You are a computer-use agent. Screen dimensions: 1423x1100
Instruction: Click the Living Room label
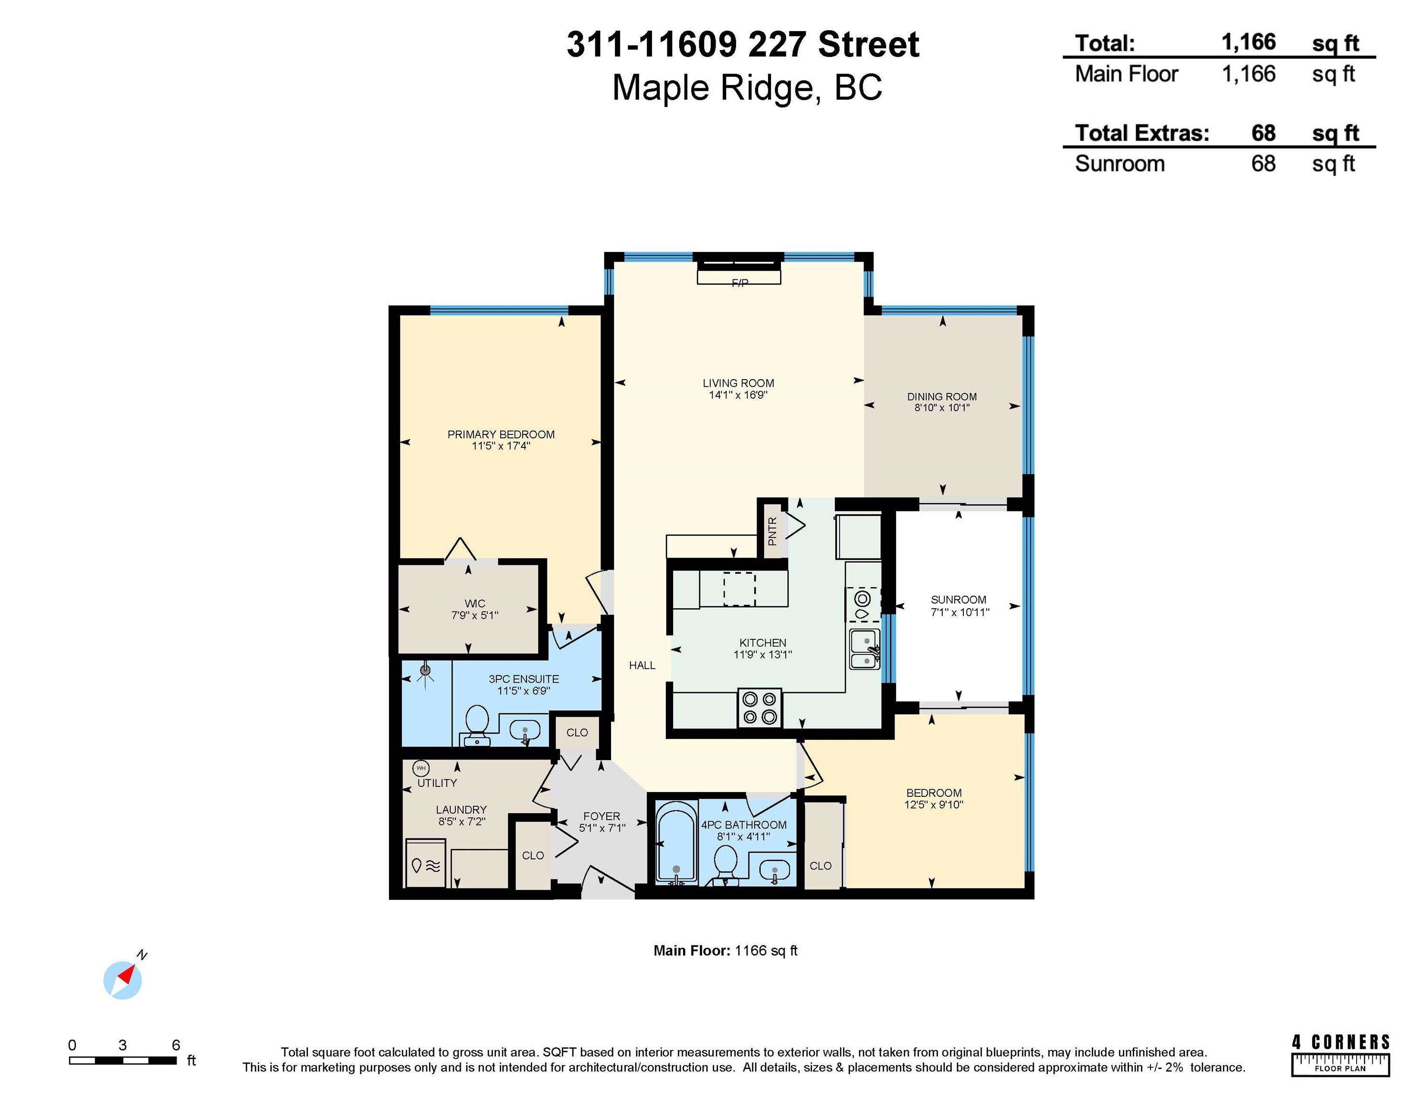(738, 383)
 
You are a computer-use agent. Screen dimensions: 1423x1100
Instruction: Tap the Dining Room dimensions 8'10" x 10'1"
(942, 408)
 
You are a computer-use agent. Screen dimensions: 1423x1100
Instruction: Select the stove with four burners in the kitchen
(760, 708)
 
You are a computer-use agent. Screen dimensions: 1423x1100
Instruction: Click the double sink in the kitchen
(864, 649)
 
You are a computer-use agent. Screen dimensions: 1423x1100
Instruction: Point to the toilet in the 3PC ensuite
(477, 724)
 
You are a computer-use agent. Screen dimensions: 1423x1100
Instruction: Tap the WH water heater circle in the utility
(421, 768)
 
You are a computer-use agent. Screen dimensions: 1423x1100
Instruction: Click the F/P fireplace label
(739, 283)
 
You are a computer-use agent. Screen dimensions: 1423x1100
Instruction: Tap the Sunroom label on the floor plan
(959, 600)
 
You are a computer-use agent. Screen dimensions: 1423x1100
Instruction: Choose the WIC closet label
(475, 603)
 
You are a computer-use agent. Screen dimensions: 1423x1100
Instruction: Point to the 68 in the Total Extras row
(1264, 133)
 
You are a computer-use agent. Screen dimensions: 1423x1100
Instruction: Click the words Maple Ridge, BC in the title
(748, 87)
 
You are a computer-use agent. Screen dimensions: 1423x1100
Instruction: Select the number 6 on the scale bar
(176, 1045)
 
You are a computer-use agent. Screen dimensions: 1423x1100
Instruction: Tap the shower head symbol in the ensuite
(425, 673)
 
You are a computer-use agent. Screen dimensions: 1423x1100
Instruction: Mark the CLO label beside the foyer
(533, 856)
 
